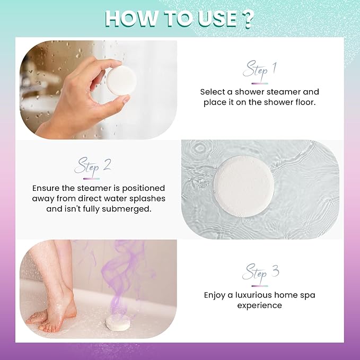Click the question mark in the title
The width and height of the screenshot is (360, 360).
247,19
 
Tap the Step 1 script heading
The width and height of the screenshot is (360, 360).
260,70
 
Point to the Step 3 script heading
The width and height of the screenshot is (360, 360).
260,274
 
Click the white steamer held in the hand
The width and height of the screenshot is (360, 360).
121,81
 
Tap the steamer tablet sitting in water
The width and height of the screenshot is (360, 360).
243,185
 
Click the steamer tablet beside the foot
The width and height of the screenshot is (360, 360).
119,321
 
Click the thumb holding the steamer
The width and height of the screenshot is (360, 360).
118,100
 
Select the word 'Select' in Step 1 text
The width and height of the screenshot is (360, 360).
213,92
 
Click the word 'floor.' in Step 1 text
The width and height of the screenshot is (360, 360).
304,102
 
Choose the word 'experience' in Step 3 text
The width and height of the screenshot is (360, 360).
259,305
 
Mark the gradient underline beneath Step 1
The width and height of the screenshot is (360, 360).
259,83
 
